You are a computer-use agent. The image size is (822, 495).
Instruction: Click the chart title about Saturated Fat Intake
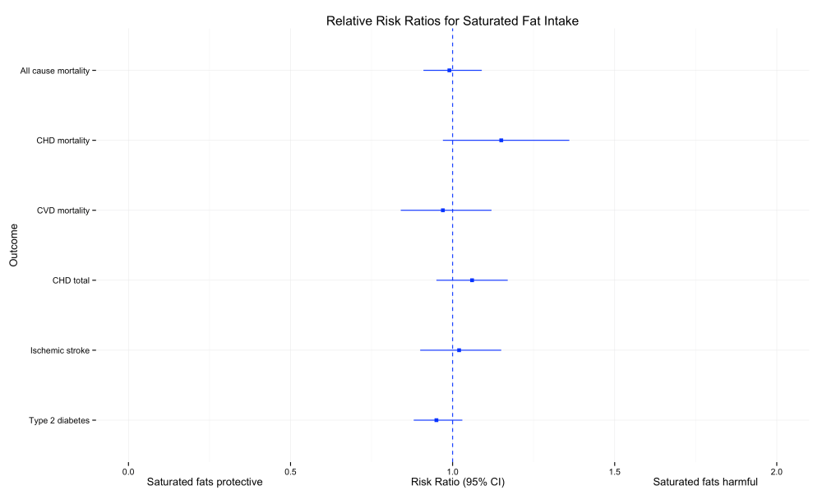pos(452,21)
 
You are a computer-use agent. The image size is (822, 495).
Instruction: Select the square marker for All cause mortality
pos(450,71)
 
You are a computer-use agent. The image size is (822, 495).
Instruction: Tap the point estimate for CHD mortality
pos(501,141)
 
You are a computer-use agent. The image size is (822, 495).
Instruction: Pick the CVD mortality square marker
pos(443,210)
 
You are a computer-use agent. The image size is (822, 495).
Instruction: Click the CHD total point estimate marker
pos(472,280)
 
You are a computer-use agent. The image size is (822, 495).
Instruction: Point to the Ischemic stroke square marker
pos(459,350)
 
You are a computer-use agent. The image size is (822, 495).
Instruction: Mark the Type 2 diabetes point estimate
pos(436,420)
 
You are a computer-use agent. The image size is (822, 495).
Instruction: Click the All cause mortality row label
pos(54,71)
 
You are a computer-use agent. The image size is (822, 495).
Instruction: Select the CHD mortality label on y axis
pos(62,141)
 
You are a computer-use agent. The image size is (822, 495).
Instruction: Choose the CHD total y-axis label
pos(71,280)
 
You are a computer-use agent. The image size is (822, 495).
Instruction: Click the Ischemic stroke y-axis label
pos(60,350)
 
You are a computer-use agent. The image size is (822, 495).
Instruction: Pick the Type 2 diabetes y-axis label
pos(58,420)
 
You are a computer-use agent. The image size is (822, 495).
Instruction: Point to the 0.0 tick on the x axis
pos(127,472)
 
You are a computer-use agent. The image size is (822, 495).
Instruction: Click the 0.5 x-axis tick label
pos(290,472)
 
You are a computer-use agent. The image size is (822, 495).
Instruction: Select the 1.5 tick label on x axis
pos(615,472)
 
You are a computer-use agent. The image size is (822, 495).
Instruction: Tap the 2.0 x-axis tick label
pos(777,472)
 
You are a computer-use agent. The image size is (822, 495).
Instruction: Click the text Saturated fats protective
pos(204,482)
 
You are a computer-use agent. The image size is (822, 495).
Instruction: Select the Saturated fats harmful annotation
pos(705,482)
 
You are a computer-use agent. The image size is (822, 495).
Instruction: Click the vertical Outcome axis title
pos(14,246)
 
